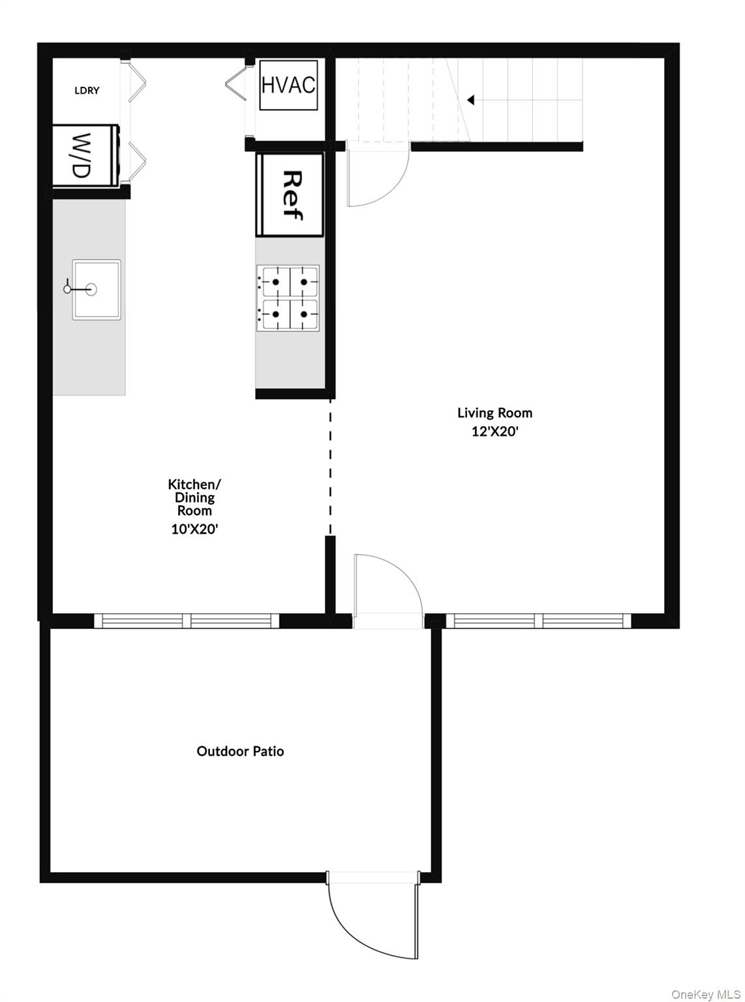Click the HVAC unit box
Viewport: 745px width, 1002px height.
[x=288, y=85]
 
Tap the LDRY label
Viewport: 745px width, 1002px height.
[x=87, y=91]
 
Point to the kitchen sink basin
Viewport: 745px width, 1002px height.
[x=97, y=290]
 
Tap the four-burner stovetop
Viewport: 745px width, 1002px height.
[x=288, y=298]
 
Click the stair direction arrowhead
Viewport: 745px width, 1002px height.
[x=470, y=100]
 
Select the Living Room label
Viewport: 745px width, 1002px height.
[x=494, y=413]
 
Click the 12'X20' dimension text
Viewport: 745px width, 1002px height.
[x=494, y=432]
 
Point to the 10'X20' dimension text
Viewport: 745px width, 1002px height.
[x=194, y=529]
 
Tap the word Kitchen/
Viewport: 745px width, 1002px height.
[x=194, y=484]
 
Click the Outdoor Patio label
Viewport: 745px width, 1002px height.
[x=240, y=751]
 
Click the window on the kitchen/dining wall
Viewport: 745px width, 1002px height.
[x=187, y=621]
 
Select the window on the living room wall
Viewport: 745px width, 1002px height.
[x=538, y=621]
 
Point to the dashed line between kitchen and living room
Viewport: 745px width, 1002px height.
[x=330, y=466]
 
